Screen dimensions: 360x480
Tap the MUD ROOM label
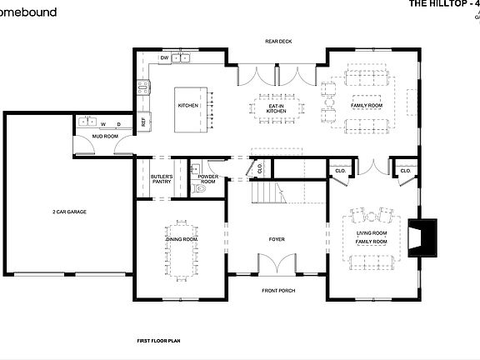(103, 135)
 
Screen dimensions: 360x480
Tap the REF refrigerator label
(143, 122)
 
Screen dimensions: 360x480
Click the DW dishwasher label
(164, 58)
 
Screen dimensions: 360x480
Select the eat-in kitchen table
(276, 106)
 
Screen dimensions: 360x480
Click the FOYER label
(277, 239)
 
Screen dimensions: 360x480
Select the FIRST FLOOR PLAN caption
(159, 341)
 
